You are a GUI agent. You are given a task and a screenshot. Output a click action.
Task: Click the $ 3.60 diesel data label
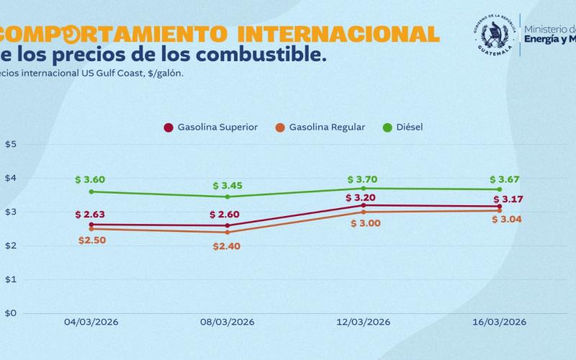pos(90,179)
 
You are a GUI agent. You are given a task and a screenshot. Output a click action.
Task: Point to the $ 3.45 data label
pos(228,185)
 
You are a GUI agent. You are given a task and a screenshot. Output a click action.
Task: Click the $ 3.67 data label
pos(505,179)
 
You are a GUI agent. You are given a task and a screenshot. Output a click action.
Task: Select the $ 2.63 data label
pos(90,214)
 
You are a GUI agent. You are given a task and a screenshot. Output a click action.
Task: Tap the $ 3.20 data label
pos(361,197)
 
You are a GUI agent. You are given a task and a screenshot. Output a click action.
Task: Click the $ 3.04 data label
pos(507,219)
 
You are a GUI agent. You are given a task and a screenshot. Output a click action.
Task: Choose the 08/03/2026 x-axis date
pos(228,321)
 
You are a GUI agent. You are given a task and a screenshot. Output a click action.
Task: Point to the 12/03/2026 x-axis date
pos(364,321)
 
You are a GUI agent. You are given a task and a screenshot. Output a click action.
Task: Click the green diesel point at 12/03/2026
pos(364,188)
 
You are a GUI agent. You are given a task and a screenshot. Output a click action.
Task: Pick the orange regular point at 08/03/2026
pos(228,232)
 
